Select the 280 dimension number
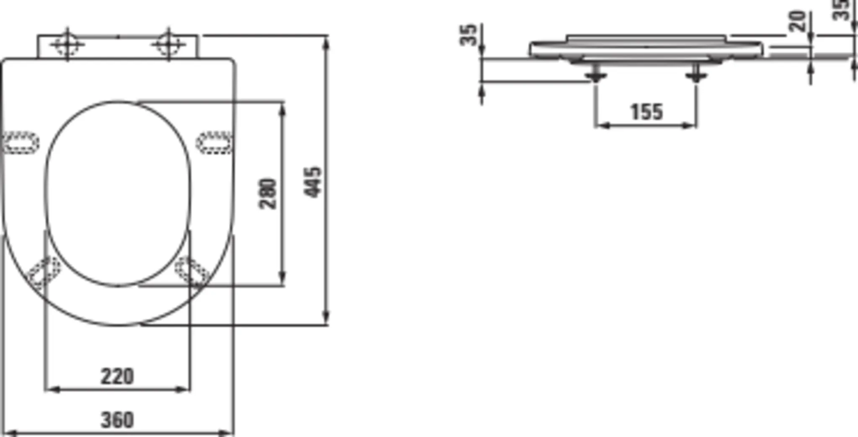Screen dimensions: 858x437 (x=268, y=194)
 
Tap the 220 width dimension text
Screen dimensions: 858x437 (x=117, y=376)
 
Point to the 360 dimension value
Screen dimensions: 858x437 (x=117, y=420)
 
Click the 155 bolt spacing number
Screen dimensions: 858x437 (x=646, y=112)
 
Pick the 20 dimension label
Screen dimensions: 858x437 (x=798, y=21)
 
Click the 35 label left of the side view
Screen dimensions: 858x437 (x=468, y=35)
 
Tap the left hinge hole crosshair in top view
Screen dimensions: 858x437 (x=67, y=44)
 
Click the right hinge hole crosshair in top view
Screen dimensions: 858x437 (x=168, y=44)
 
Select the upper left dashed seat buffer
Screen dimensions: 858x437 (x=21, y=142)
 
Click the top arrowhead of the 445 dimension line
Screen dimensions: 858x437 (x=327, y=42)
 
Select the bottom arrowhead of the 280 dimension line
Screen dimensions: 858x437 (x=282, y=279)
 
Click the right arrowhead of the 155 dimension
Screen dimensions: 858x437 (x=690, y=125)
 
